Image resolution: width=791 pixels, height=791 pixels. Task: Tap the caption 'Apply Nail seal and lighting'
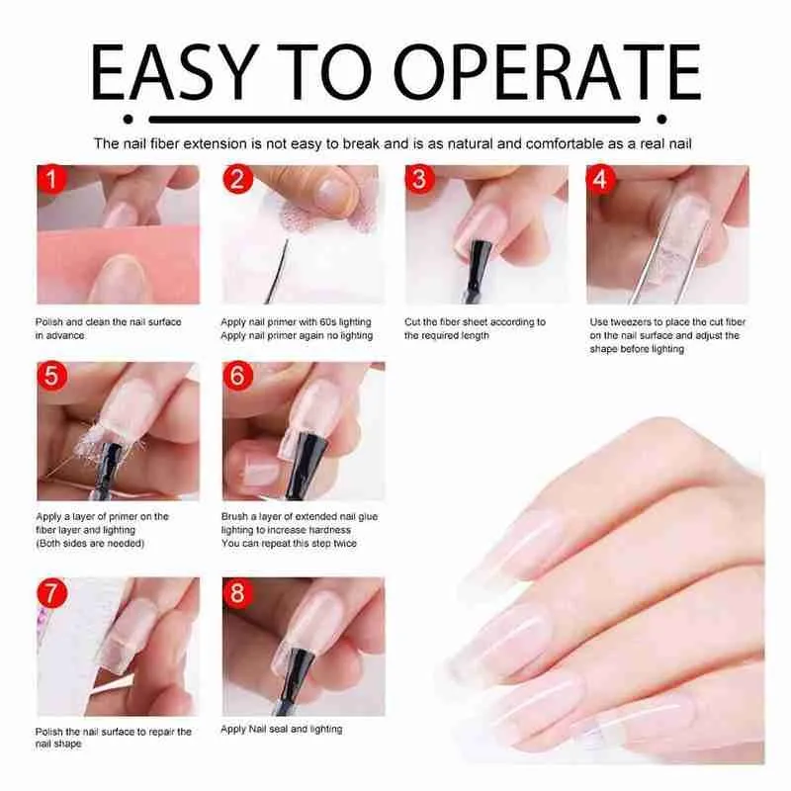coord(282,729)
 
